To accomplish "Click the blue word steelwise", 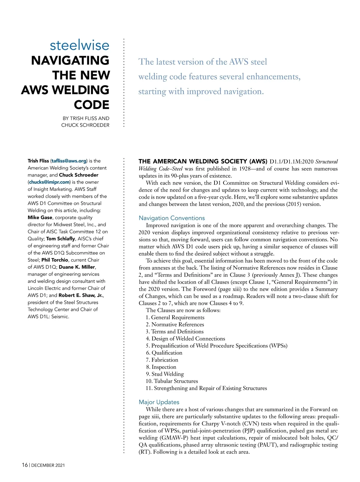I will click(79, 45).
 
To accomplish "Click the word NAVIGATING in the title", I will click(70, 60).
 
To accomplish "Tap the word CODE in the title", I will click(91, 105).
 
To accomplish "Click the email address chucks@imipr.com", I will click(49, 182).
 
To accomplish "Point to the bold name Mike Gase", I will click(40, 218).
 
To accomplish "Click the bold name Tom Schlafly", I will click(60, 239).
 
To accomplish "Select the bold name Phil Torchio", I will click(55, 260).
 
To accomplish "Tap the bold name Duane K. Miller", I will click(77, 267).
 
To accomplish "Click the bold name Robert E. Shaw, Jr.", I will click(81, 295).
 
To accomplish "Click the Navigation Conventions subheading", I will click(172, 218).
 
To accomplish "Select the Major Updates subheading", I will click(159, 402).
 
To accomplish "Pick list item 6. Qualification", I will click(164, 353).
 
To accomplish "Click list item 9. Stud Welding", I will click(165, 374).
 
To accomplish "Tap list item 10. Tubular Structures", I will click(172, 381).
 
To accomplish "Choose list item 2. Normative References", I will click(175, 324).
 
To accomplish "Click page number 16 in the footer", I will click(25, 465).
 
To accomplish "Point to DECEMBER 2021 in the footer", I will click(48, 465).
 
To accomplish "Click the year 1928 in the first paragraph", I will click(245, 169).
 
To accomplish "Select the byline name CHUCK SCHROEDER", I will click(85, 125).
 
